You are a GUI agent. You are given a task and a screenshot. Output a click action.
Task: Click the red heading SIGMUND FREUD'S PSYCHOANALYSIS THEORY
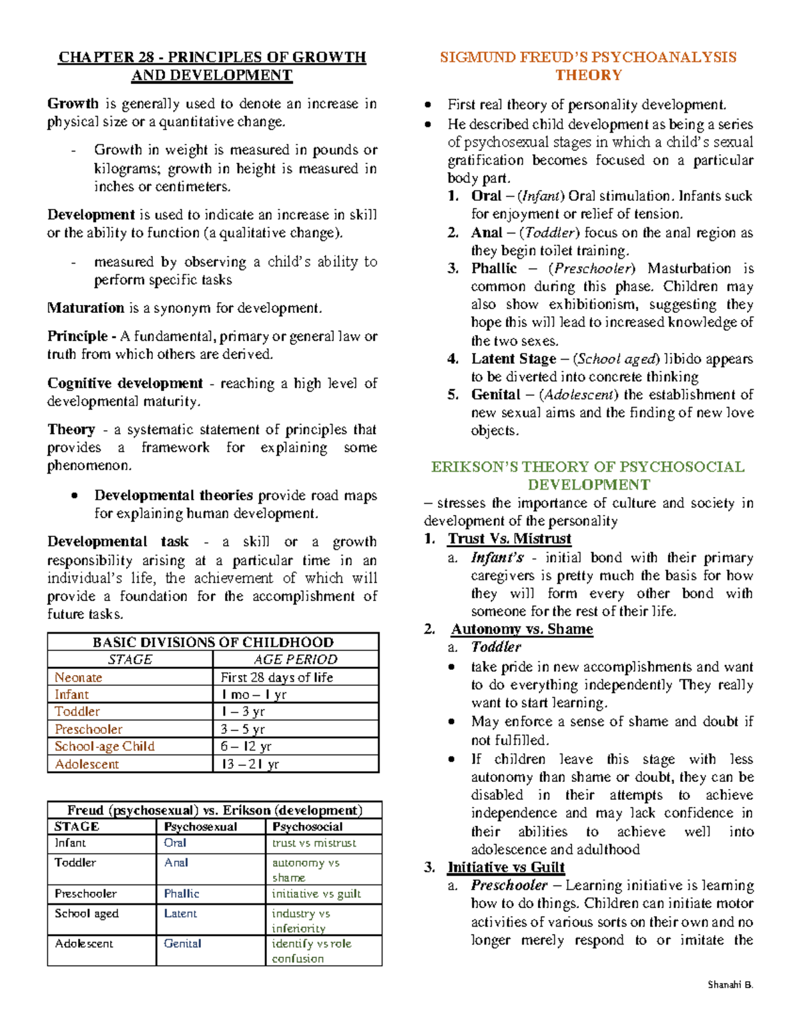pyautogui.click(x=588, y=66)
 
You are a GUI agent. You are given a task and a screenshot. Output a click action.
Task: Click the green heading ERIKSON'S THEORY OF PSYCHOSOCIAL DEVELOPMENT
pyautogui.click(x=588, y=475)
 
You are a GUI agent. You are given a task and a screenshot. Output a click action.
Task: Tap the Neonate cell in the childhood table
pyautogui.click(x=79, y=677)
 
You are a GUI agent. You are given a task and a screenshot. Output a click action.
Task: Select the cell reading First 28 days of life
pyautogui.click(x=276, y=677)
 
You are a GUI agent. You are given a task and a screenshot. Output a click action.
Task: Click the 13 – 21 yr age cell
pyautogui.click(x=250, y=764)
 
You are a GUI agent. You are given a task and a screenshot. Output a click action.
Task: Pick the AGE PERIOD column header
pyautogui.click(x=295, y=659)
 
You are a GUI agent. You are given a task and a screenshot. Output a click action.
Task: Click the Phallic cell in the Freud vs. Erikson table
pyautogui.click(x=182, y=893)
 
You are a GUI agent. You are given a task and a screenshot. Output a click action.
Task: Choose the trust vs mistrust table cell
pyautogui.click(x=314, y=843)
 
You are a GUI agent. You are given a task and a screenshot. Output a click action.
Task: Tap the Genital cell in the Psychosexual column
pyautogui.click(x=182, y=943)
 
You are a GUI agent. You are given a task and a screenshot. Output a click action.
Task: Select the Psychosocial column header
pyautogui.click(x=307, y=827)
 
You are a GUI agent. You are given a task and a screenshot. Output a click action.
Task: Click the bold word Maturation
pyautogui.click(x=85, y=308)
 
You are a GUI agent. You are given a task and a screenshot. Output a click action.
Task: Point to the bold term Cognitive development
pyautogui.click(x=125, y=384)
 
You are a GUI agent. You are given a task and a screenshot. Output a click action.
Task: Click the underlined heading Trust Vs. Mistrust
pyautogui.click(x=509, y=538)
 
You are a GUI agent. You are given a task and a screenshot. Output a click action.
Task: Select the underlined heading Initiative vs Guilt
pyautogui.click(x=506, y=867)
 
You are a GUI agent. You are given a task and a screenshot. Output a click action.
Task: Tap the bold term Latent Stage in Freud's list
pyautogui.click(x=513, y=359)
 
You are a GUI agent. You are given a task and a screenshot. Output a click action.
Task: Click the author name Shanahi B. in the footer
pyautogui.click(x=730, y=985)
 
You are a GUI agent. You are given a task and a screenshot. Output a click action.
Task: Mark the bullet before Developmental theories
pyautogui.click(x=75, y=496)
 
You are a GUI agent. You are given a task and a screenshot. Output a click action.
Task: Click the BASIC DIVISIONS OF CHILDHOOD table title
pyautogui.click(x=213, y=642)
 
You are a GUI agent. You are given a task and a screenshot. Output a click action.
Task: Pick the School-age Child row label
pyautogui.click(x=104, y=746)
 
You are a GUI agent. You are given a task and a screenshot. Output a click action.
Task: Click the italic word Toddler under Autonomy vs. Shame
pyautogui.click(x=495, y=646)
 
